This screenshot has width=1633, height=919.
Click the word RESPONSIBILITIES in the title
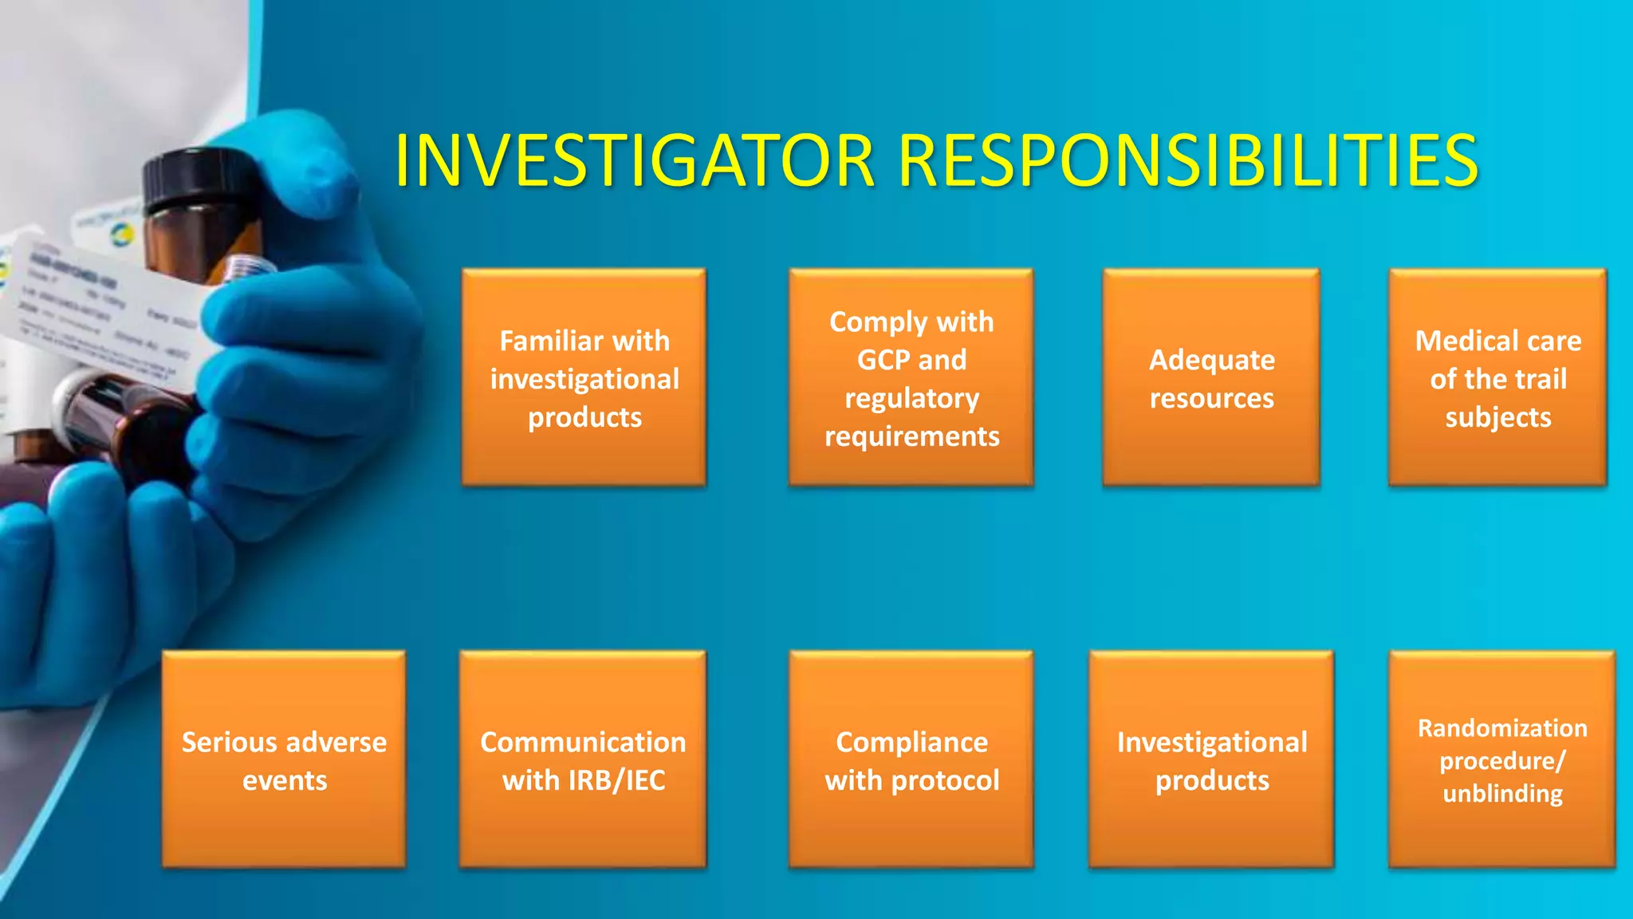(x=1188, y=161)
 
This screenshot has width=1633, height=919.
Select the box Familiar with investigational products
(x=584, y=378)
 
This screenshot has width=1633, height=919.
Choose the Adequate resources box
(x=1211, y=378)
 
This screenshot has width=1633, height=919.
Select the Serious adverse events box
(x=284, y=759)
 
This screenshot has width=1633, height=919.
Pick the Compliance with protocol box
(x=911, y=759)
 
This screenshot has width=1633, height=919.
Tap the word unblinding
(x=1502, y=794)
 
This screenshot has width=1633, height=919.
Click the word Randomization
(x=1502, y=728)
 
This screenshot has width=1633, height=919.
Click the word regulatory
(x=911, y=398)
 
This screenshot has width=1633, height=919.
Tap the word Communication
(x=583, y=742)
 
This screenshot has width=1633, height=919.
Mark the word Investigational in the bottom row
(x=1211, y=742)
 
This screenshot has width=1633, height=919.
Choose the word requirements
(x=911, y=436)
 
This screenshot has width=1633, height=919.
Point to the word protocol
(x=945, y=780)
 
